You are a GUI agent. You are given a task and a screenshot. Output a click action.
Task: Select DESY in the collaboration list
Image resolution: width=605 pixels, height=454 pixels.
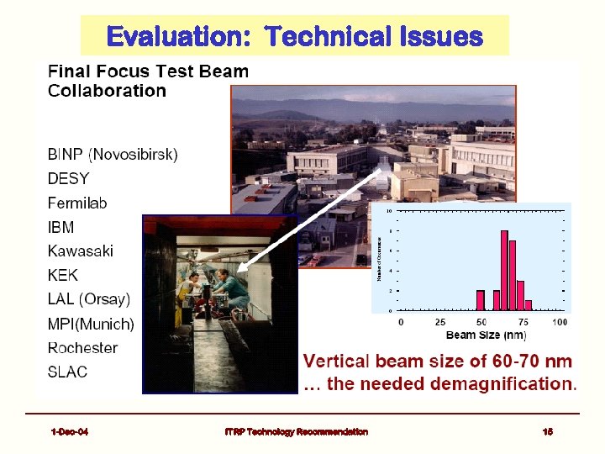click(x=68, y=178)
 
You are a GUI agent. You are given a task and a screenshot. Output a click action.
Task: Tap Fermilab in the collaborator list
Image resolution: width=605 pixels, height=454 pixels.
click(x=77, y=203)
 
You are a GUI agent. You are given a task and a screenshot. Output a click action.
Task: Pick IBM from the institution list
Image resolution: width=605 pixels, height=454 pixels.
click(x=60, y=227)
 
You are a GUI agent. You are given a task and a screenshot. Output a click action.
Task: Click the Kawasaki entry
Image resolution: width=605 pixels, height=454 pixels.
click(x=80, y=251)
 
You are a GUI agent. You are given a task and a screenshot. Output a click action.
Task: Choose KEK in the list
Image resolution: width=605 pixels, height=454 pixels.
click(x=63, y=275)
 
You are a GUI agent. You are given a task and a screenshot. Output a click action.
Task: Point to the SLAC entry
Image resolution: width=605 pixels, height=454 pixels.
click(x=67, y=372)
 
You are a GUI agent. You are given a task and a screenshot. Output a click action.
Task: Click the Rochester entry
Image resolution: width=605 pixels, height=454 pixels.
click(x=82, y=347)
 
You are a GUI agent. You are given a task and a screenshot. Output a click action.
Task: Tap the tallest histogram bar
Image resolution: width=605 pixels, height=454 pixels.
click(x=504, y=270)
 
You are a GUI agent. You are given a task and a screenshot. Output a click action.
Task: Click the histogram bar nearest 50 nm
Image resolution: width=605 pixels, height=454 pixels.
click(x=481, y=300)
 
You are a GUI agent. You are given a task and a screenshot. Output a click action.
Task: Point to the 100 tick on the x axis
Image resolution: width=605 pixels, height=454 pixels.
click(x=560, y=322)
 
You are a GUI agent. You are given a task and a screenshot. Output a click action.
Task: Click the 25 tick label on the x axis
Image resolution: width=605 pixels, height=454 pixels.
click(x=440, y=322)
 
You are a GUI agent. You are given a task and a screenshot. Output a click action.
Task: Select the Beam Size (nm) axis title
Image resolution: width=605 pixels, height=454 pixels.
click(x=487, y=335)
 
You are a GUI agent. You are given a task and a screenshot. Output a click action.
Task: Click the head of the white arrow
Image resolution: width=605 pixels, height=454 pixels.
click(x=241, y=270)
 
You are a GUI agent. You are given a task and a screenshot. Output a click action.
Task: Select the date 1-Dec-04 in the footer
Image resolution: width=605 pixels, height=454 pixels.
click(x=70, y=431)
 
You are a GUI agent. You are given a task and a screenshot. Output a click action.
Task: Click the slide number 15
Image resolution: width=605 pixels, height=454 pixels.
click(x=548, y=431)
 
